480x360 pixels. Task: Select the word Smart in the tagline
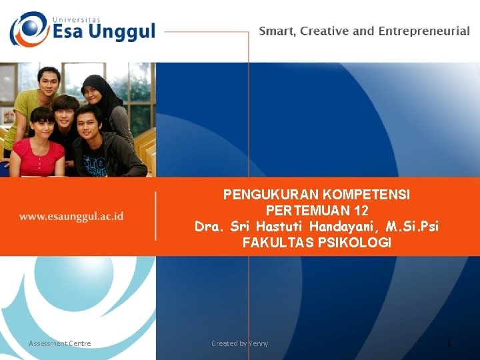click(x=277, y=31)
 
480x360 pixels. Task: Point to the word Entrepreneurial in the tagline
click(x=424, y=31)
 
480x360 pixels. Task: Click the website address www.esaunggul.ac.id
click(x=71, y=216)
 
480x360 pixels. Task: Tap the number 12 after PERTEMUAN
click(x=361, y=211)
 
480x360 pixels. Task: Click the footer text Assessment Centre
click(x=60, y=343)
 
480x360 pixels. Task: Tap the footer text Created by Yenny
click(x=240, y=343)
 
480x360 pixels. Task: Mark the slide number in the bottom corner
click(x=449, y=343)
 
